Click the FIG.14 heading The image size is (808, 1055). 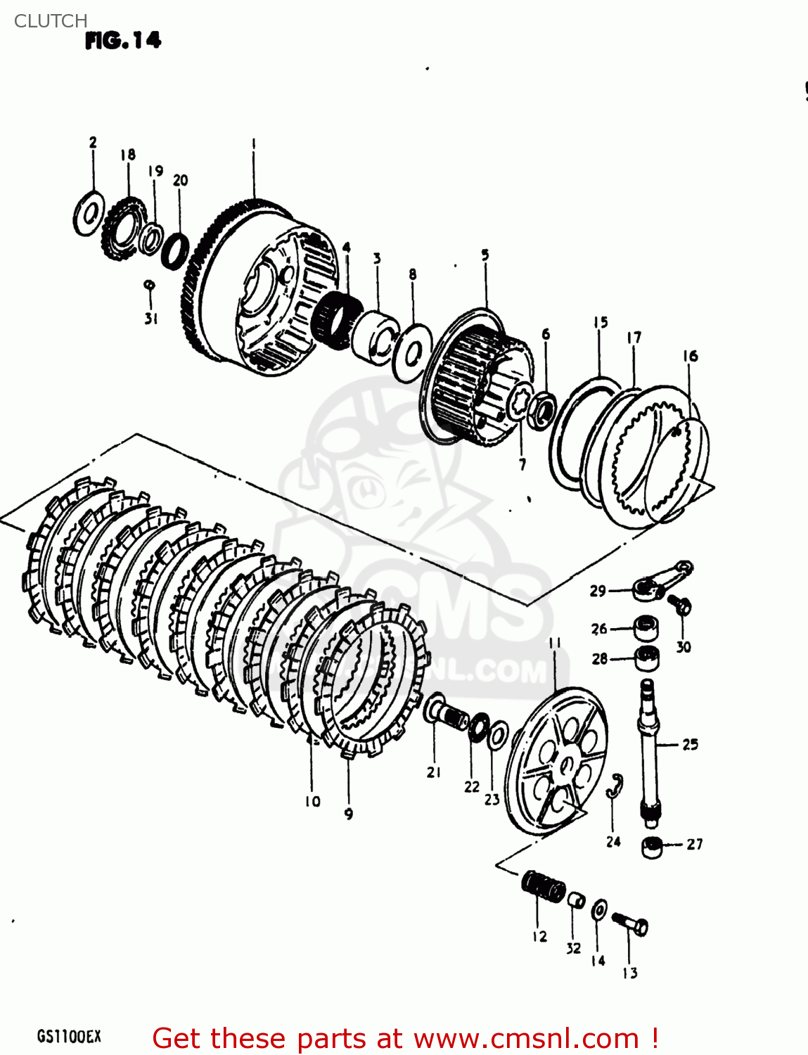click(x=123, y=41)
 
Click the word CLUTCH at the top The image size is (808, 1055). click(x=51, y=21)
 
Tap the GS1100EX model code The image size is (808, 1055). click(x=69, y=1037)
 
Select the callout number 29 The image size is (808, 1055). click(x=598, y=591)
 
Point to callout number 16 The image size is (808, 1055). click(x=690, y=356)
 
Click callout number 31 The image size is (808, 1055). click(x=150, y=319)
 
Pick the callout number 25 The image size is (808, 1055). click(x=690, y=744)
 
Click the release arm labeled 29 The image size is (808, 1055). click(x=661, y=581)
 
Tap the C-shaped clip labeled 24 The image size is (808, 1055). click(x=615, y=786)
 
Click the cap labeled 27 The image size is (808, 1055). click(x=652, y=847)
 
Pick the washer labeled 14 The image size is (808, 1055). click(x=599, y=909)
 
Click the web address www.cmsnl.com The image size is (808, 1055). click(x=526, y=1038)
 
